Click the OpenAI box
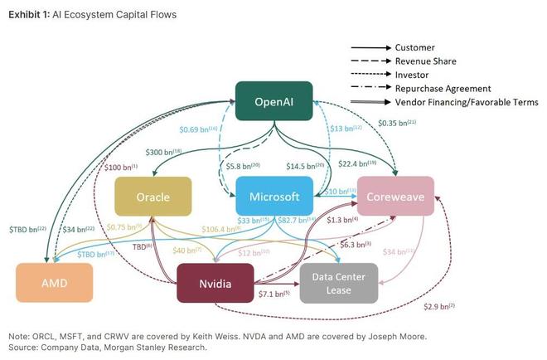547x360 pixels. pyautogui.click(x=273, y=101)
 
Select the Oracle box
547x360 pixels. pyautogui.click(x=152, y=197)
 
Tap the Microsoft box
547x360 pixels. pyautogui.click(x=273, y=197)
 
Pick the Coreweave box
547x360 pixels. pyautogui.click(x=395, y=197)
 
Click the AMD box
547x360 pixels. pyautogui.click(x=54, y=283)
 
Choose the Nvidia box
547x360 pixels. pyautogui.click(x=215, y=283)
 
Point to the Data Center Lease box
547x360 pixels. pyautogui.click(x=338, y=283)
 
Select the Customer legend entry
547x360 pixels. pyautogui.click(x=414, y=47)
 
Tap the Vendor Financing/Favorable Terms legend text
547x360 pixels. pyautogui.click(x=467, y=102)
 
